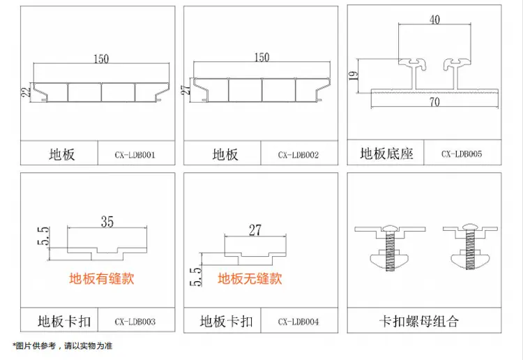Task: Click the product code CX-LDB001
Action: tap(135, 155)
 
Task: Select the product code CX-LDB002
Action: tap(298, 155)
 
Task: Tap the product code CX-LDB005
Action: tap(462, 153)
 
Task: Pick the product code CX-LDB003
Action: tap(135, 322)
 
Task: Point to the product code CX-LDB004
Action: tap(298, 322)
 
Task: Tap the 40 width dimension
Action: tap(434, 20)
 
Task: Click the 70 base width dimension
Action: tap(434, 102)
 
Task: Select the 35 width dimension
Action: tap(107, 221)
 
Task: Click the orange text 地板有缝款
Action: tap(102, 278)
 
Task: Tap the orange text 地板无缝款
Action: tap(250, 278)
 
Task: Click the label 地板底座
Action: tap(387, 153)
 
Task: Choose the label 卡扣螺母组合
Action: tap(419, 321)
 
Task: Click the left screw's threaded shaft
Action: tap(390, 250)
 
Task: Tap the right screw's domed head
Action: tap(469, 227)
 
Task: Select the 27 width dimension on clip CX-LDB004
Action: tap(255, 230)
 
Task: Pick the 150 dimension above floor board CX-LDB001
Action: tap(101, 59)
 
